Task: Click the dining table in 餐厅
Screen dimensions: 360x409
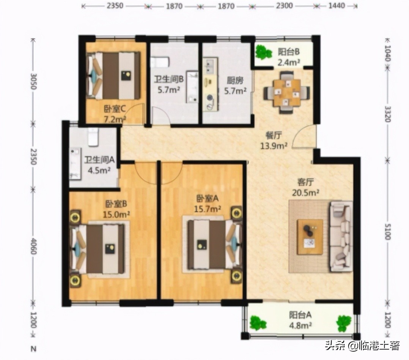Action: [287, 92]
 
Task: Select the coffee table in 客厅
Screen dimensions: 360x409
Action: [310, 236]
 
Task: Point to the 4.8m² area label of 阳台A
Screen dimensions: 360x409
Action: [300, 325]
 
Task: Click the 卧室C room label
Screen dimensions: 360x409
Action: [115, 109]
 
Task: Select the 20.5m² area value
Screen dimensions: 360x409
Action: [305, 192]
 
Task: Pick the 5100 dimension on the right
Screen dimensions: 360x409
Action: [387, 231]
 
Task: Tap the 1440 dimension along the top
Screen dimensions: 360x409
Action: [337, 6]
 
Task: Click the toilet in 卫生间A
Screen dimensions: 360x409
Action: [93, 137]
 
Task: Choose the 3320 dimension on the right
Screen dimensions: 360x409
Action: [387, 113]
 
